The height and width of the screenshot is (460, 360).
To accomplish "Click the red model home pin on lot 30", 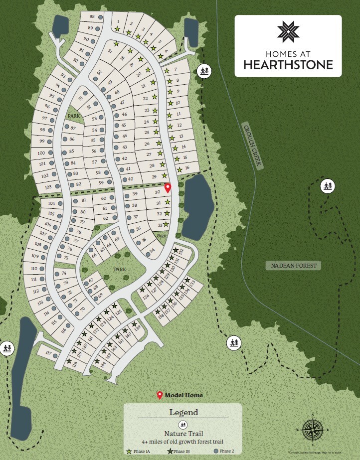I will (168, 188).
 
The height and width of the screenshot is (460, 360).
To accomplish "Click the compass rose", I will (313, 428).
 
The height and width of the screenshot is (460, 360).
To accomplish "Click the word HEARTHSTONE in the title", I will (288, 64).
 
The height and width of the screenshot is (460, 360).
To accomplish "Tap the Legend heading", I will (183, 412).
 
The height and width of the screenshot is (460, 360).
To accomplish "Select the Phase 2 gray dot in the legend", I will (216, 451).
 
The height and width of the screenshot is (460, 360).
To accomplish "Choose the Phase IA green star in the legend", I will (129, 451).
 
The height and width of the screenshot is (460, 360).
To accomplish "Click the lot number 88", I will (92, 16).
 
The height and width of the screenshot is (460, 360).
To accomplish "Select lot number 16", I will (187, 168).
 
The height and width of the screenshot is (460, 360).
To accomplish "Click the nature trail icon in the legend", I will (183, 425).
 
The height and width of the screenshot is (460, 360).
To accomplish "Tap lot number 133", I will (192, 284).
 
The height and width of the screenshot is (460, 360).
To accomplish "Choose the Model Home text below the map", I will (184, 395).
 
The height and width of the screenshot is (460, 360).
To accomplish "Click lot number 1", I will (118, 21).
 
